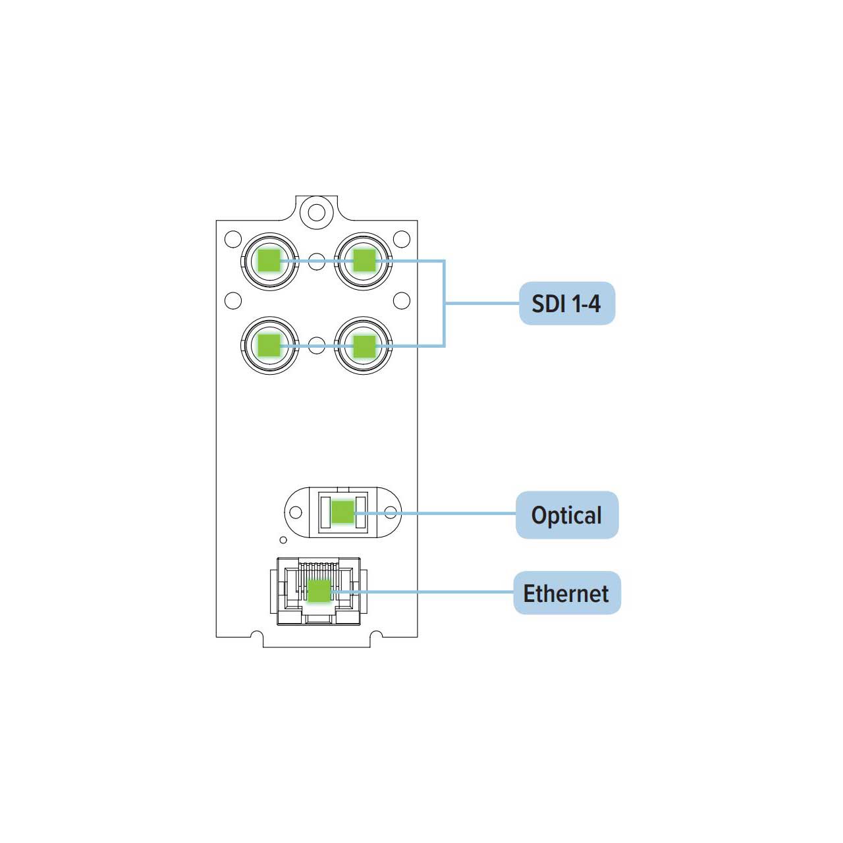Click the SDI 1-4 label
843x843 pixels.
[566, 303]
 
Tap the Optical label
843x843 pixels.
[566, 515]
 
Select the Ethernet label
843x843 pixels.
[566, 593]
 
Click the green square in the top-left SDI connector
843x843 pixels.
[269, 261]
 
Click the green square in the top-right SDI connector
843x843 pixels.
[364, 260]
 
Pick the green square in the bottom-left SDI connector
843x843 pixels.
[269, 346]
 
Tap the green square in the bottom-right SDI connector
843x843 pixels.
[364, 346]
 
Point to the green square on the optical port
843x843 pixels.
[342, 512]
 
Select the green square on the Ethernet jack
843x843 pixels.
[319, 591]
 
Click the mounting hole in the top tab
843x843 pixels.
[316, 213]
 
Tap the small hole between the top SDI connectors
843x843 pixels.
[317, 261]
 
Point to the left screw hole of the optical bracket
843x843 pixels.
[296, 512]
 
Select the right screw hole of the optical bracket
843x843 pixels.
[391, 512]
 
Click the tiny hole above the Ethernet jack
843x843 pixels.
[283, 540]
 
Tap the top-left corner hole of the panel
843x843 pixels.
[232, 239]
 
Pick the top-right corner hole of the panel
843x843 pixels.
[402, 239]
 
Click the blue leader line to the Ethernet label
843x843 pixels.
[422, 592]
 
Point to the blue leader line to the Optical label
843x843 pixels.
[435, 512]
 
